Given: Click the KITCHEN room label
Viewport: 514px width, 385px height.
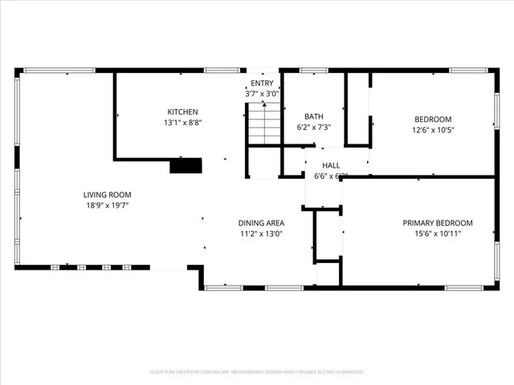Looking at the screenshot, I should click(x=182, y=111).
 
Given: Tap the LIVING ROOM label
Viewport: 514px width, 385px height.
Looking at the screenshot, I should click(x=107, y=194).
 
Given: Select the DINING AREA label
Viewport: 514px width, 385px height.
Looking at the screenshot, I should click(x=261, y=223).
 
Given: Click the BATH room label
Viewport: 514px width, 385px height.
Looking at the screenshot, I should click(x=314, y=116).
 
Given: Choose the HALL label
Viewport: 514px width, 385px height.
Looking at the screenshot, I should click(x=320, y=165).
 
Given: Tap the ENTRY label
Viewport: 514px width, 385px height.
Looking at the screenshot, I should click(x=262, y=83).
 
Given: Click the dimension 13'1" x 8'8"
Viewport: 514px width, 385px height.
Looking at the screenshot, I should click(x=182, y=123).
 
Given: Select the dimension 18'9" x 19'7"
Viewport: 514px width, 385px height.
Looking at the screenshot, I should click(x=107, y=205).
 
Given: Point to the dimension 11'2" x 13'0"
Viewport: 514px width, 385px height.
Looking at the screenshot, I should click(x=261, y=234).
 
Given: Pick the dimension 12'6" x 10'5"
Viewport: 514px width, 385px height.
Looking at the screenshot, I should click(x=433, y=130).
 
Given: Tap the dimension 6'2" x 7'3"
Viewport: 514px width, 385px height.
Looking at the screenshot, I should click(x=314, y=128).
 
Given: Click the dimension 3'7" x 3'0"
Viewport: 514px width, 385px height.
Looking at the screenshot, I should click(x=262, y=94).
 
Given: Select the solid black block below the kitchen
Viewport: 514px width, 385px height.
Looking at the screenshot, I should click(x=186, y=166).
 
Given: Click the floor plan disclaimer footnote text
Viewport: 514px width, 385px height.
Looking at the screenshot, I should click(x=257, y=372).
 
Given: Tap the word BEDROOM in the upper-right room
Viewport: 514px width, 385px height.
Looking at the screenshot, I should click(x=433, y=119).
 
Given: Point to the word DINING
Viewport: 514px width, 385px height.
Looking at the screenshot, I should click(x=251, y=223).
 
